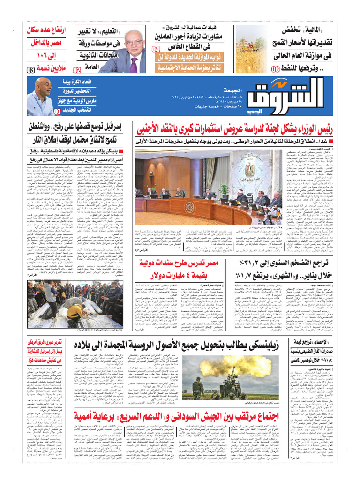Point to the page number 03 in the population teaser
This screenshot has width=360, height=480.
[x=30, y=70]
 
